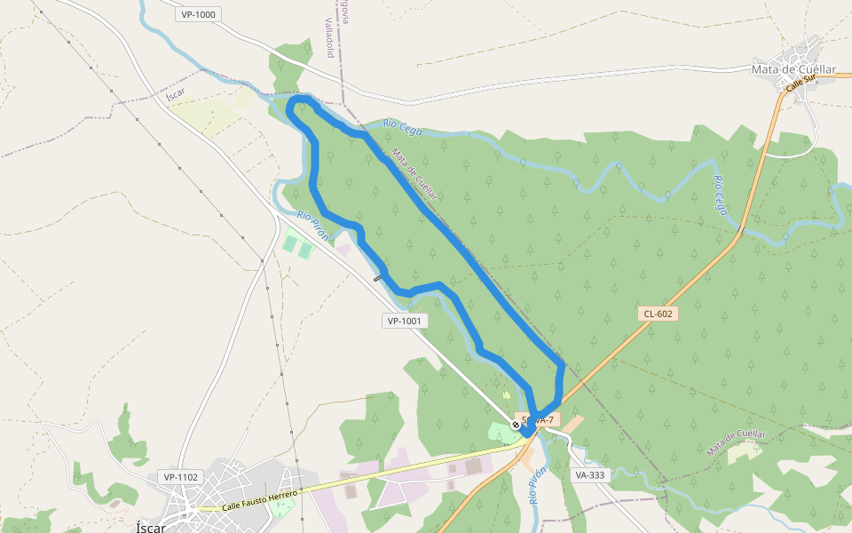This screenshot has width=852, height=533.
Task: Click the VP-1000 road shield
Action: (x=197, y=14)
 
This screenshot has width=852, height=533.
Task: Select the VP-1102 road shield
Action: (x=181, y=477)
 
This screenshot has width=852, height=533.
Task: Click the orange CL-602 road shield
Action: (x=658, y=314)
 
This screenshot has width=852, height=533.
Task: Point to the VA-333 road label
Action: (x=589, y=475)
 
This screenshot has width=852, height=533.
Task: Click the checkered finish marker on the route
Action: (x=516, y=426)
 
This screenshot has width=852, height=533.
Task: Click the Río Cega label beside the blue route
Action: (x=403, y=129)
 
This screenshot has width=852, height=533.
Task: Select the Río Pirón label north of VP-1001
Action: (x=313, y=227)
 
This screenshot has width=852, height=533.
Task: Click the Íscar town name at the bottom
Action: (x=151, y=526)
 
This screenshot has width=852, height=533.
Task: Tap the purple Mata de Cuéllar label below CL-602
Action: (x=736, y=442)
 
